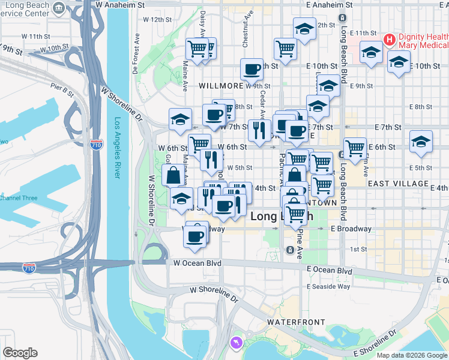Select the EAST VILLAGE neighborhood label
pyautogui.click(x=399, y=184)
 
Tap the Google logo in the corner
pyautogui.click(x=20, y=353)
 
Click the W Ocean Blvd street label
pyautogui.click(x=197, y=263)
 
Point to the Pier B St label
pyautogui.click(x=62, y=91)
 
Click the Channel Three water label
pyautogui.click(x=19, y=198)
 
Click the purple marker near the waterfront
pyautogui.click(x=235, y=343)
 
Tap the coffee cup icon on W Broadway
pyautogui.click(x=195, y=236)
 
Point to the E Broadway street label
pyautogui.click(x=348, y=229)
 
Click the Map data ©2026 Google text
pyautogui.click(x=412, y=355)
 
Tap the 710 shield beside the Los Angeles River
pyautogui.click(x=96, y=145)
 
